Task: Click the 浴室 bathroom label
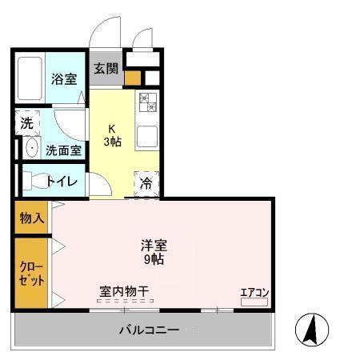(63, 78)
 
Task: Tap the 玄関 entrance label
(105, 69)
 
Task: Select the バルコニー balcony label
(149, 329)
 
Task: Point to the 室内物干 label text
(124, 290)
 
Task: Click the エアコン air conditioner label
(254, 292)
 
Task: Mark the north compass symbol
(314, 328)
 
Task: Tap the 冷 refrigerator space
(146, 182)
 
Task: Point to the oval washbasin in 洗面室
(31, 149)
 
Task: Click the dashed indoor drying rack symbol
(123, 301)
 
